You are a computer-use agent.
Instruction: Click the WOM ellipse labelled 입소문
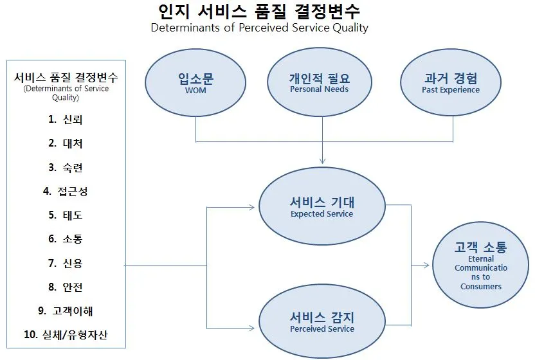click(x=195, y=84)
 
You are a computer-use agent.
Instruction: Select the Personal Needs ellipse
click(x=319, y=84)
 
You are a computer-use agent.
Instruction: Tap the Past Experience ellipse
click(x=450, y=84)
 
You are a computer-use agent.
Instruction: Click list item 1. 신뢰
click(x=65, y=120)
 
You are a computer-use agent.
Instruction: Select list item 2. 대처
click(x=65, y=143)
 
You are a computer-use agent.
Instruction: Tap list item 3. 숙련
click(x=65, y=167)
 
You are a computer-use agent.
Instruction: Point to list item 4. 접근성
click(x=65, y=191)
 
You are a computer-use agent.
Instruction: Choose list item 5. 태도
click(x=65, y=215)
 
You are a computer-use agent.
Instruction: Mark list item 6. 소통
click(x=65, y=239)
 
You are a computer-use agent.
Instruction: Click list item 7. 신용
click(x=65, y=263)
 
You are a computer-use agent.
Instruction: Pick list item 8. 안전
click(x=65, y=287)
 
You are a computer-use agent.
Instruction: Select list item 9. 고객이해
click(x=65, y=310)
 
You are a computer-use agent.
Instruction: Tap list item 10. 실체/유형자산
click(x=65, y=334)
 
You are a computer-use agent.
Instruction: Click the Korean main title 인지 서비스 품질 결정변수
click(x=259, y=11)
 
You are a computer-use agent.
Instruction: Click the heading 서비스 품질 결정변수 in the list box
click(x=66, y=78)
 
